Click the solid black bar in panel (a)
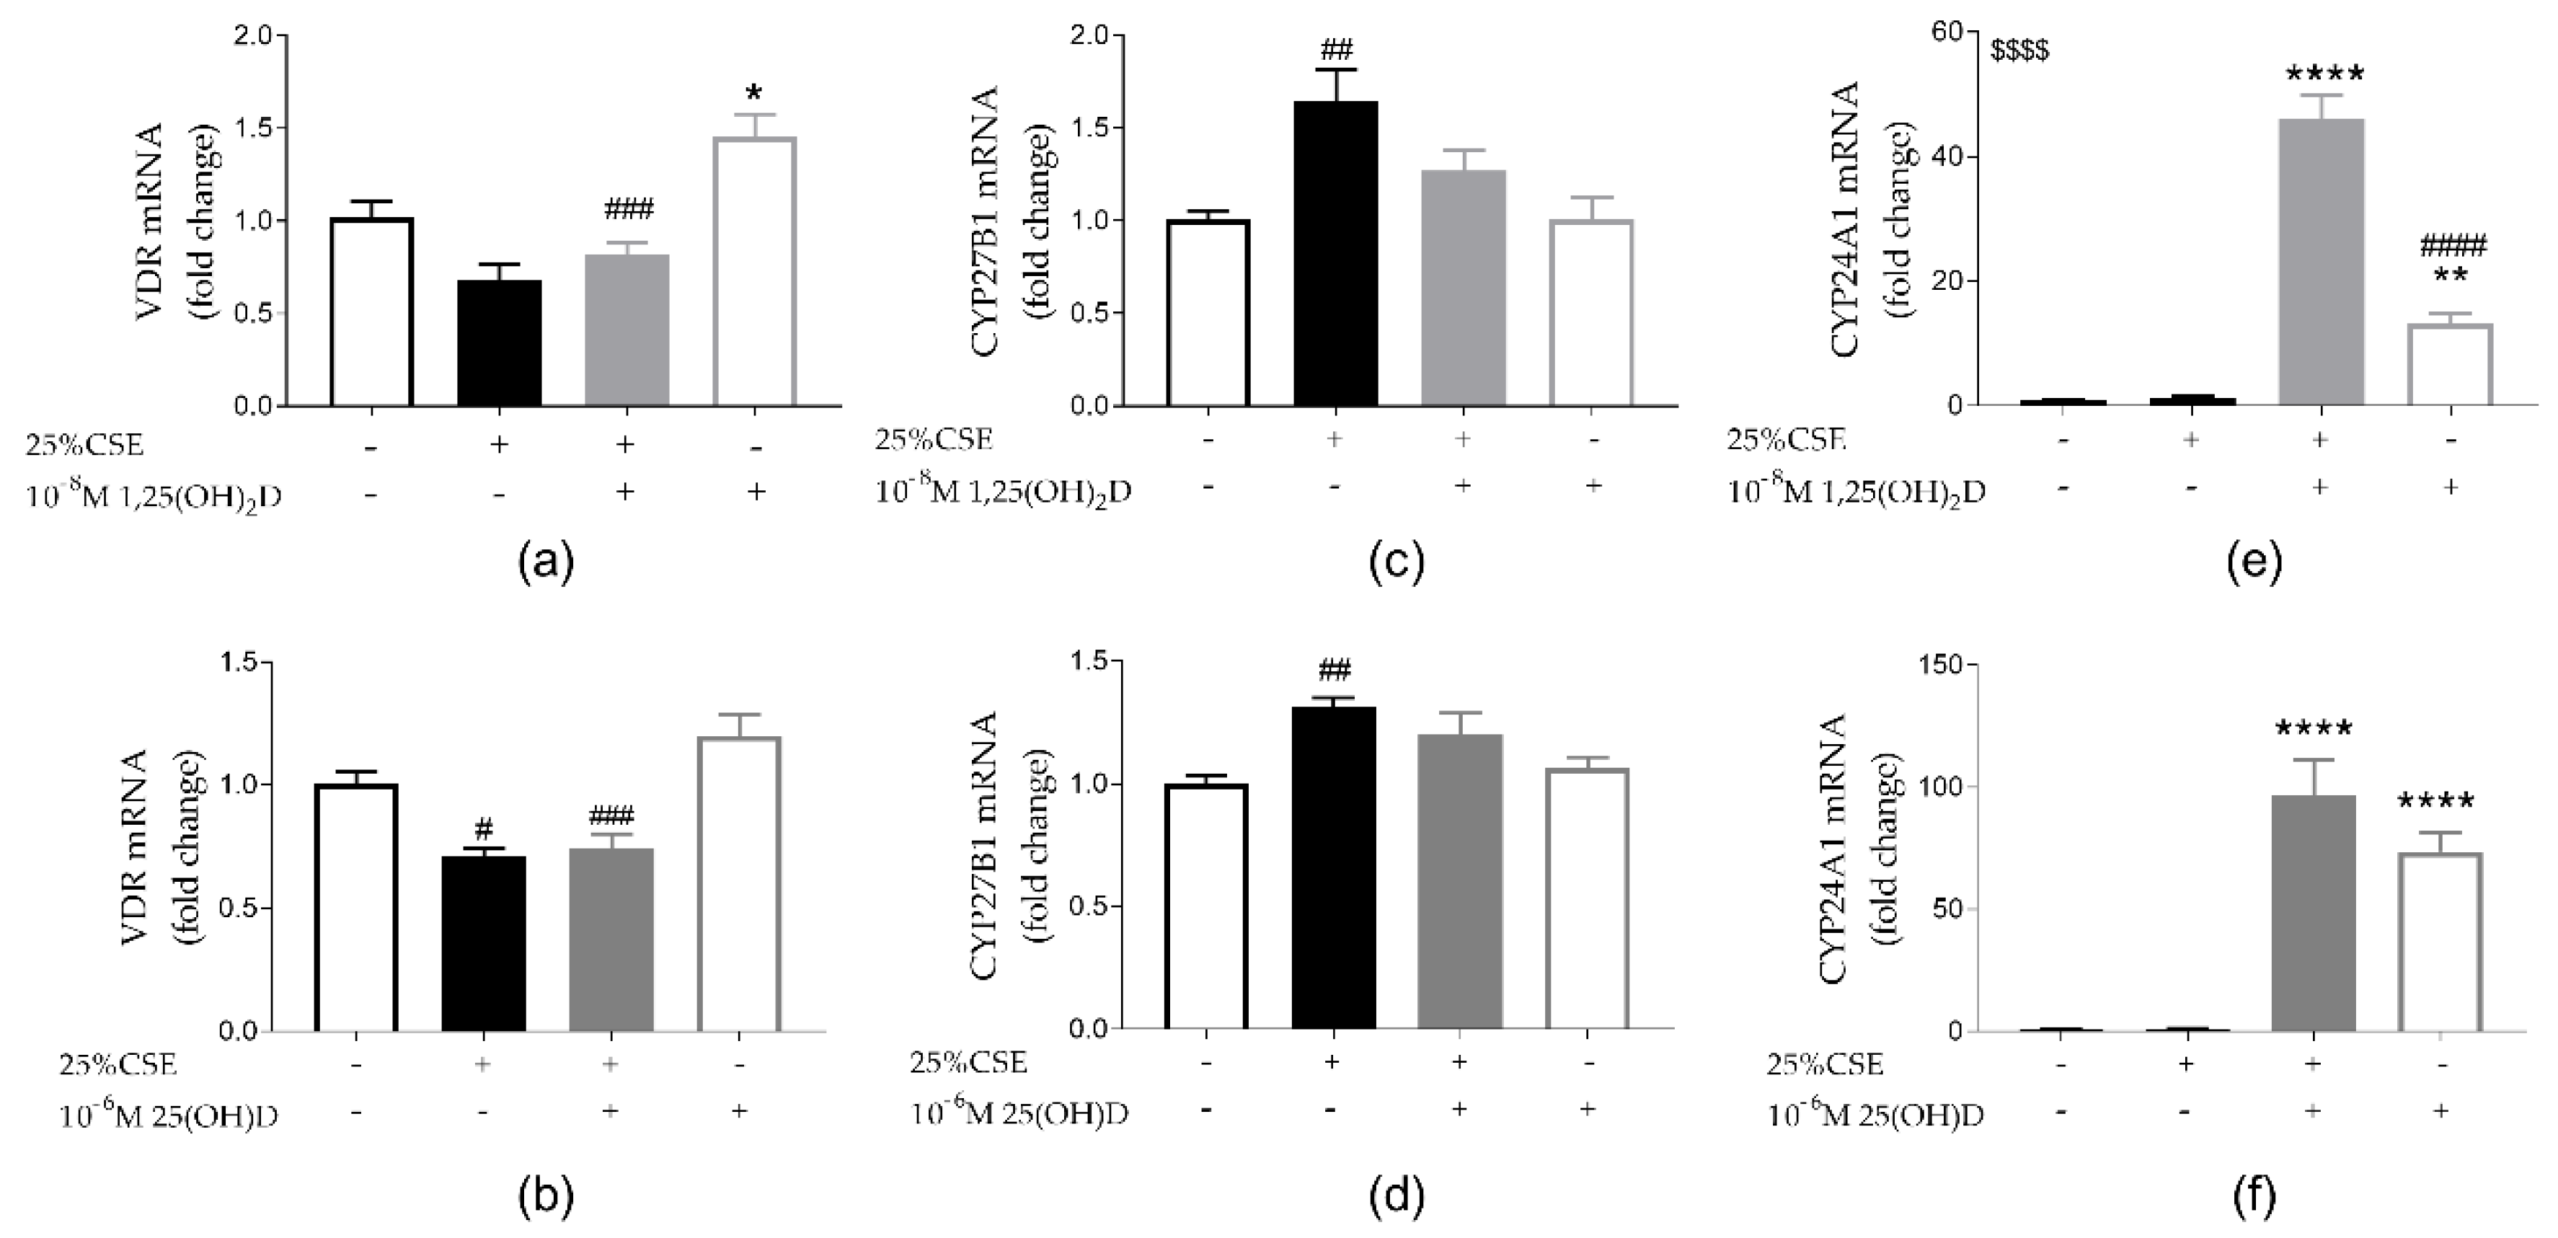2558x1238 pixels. click(x=500, y=342)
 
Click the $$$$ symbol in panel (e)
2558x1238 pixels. click(x=2019, y=50)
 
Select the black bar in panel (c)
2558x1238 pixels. click(x=1336, y=253)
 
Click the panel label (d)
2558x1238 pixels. click(x=1397, y=1198)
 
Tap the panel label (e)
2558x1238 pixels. click(x=2255, y=561)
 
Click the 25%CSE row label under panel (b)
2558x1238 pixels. click(x=118, y=1065)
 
